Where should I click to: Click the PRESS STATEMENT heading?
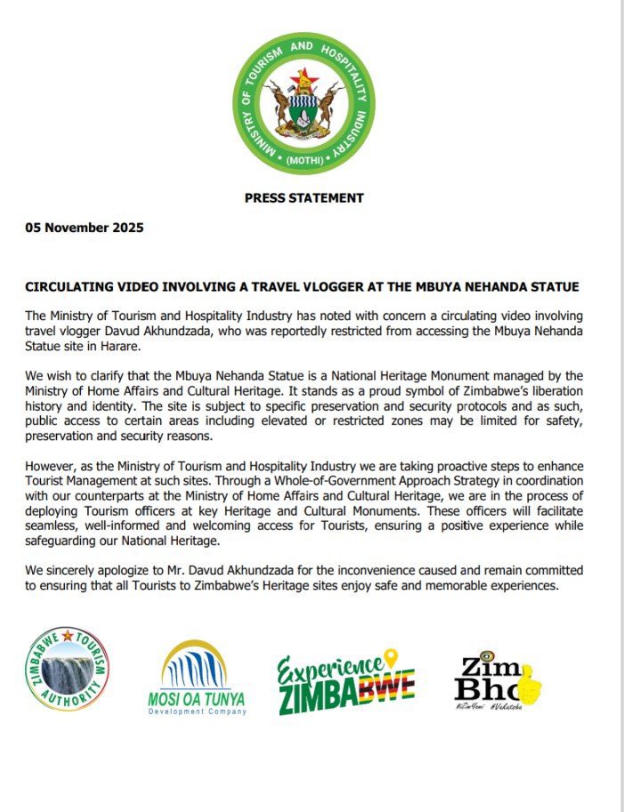click(x=304, y=197)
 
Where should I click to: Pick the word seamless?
click(x=53, y=528)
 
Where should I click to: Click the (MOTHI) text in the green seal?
click(x=304, y=161)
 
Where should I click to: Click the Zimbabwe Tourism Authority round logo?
click(x=69, y=669)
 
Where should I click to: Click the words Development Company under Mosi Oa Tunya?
click(x=198, y=712)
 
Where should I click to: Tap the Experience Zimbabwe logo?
click(x=345, y=683)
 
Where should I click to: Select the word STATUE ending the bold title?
click(x=554, y=288)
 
